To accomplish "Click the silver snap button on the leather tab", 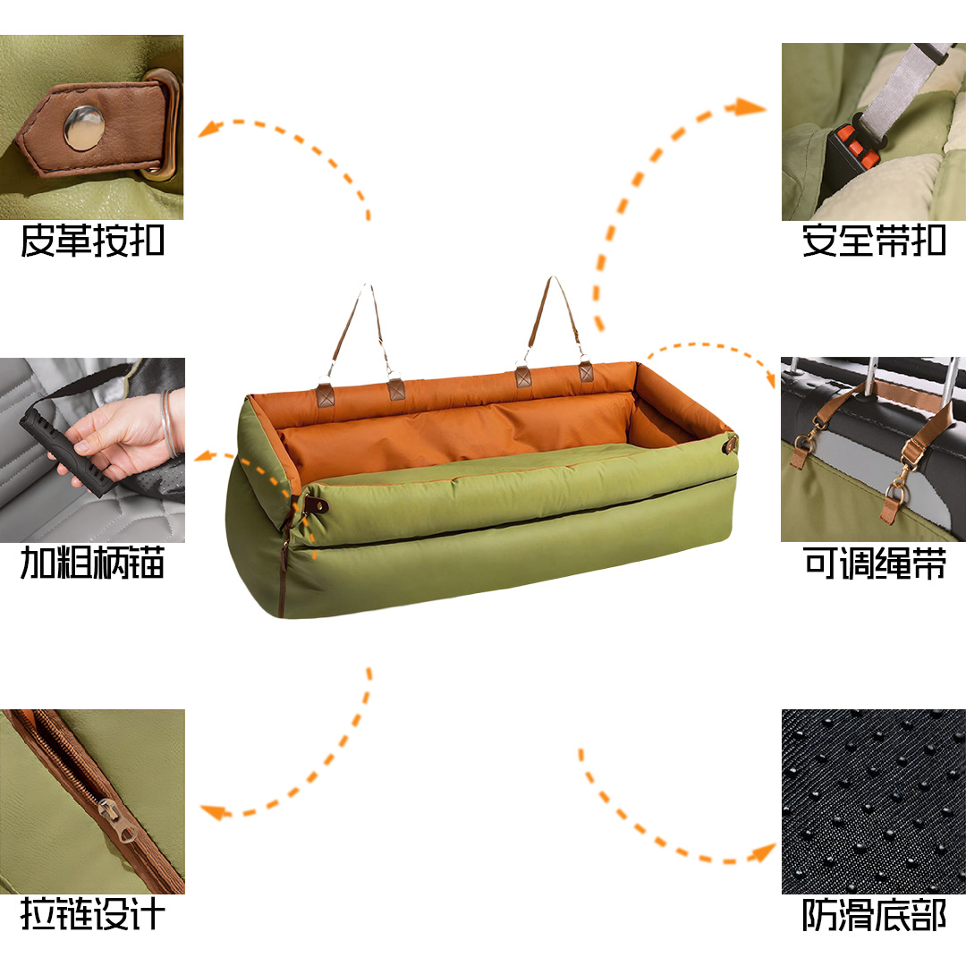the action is [84, 128].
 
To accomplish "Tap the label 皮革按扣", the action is [92, 241].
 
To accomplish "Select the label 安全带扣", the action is [874, 241].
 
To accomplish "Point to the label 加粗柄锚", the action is [92, 563].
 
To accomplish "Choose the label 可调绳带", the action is [875, 563].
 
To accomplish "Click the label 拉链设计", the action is [92, 913].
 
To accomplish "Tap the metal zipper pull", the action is [118, 819].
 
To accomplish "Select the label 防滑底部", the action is [874, 914].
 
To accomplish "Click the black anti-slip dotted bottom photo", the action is [874, 801].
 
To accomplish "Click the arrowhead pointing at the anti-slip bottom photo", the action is [763, 852].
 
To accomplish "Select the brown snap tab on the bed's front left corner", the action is [316, 505].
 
